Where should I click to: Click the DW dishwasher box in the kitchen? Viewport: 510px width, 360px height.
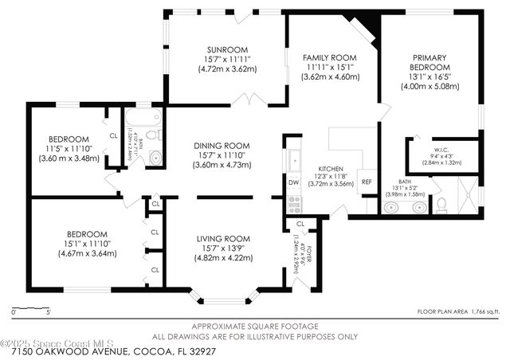click(293, 182)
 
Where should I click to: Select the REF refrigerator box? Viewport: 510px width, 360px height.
click(367, 182)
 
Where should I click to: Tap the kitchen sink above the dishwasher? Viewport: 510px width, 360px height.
click(293, 160)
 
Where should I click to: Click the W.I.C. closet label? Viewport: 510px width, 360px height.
click(443, 151)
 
